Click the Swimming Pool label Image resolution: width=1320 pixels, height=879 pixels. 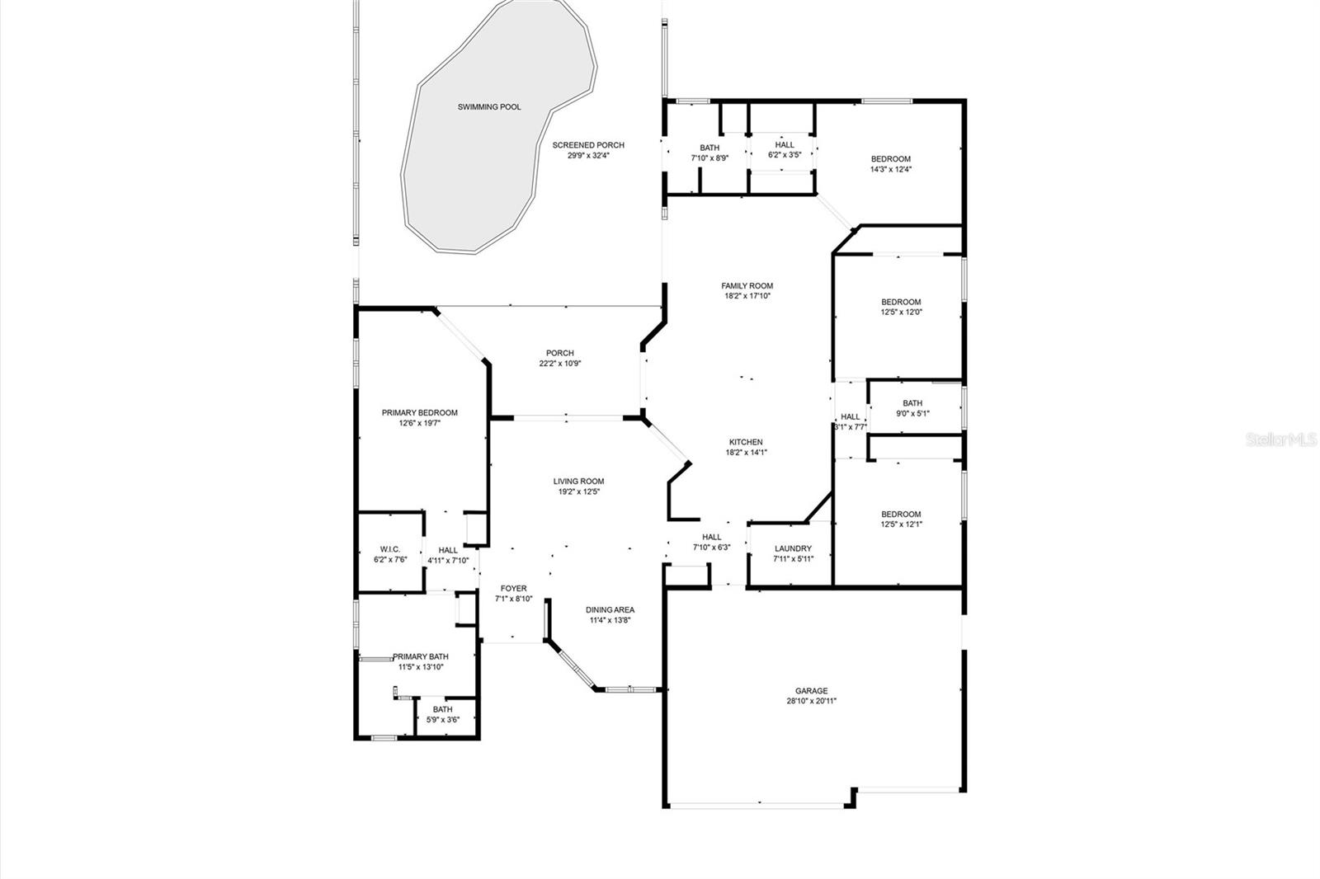489,107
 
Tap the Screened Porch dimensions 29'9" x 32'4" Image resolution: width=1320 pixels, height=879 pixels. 588,155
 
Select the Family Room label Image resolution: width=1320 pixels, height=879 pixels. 747,286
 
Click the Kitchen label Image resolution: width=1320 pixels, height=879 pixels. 745,442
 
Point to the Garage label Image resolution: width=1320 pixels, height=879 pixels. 811,691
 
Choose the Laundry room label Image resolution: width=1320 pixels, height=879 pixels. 793,548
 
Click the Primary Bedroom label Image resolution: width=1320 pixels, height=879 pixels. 419,413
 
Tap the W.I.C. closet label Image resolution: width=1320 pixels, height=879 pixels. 390,549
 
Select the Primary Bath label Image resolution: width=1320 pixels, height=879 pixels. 421,656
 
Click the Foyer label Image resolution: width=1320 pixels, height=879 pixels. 513,589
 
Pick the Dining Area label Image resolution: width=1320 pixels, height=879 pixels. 610,610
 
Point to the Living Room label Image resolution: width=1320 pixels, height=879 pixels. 578,482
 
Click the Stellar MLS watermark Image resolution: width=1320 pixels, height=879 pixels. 1281,441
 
